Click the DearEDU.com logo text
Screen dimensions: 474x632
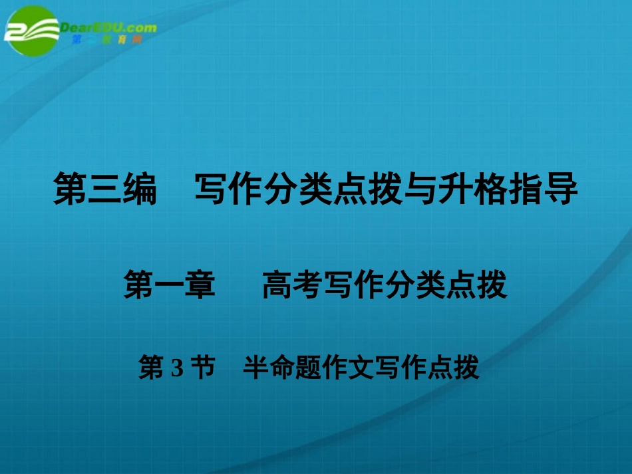pos(108,27)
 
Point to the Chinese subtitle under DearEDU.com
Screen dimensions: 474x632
pos(106,40)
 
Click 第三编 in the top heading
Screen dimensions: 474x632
pos(104,189)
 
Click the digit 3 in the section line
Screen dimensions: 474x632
pos(176,368)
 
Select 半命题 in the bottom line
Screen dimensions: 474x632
pos(275,368)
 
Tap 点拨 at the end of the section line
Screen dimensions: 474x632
pos(458,368)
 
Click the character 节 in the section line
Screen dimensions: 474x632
pos(202,368)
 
